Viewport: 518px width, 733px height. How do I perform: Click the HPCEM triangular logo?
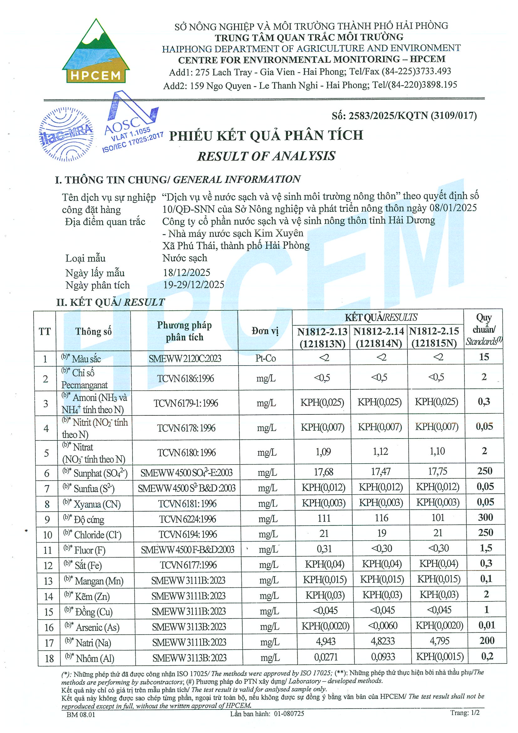coord(96,53)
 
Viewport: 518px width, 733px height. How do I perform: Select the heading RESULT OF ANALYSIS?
coord(266,156)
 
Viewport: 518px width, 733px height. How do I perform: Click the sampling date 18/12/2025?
coord(187,273)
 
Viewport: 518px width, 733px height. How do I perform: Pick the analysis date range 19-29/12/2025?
coord(194,285)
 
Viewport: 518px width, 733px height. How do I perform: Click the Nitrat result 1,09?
coord(323,452)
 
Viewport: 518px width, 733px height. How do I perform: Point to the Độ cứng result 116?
coord(381,518)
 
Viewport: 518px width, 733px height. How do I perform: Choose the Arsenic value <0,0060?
coord(382,626)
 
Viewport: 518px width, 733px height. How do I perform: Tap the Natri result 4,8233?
coord(383,641)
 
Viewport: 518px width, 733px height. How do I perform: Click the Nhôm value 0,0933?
coord(383,657)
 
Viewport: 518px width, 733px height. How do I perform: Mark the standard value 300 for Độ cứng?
coord(485,517)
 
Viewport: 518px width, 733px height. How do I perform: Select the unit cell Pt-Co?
coord(266,358)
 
